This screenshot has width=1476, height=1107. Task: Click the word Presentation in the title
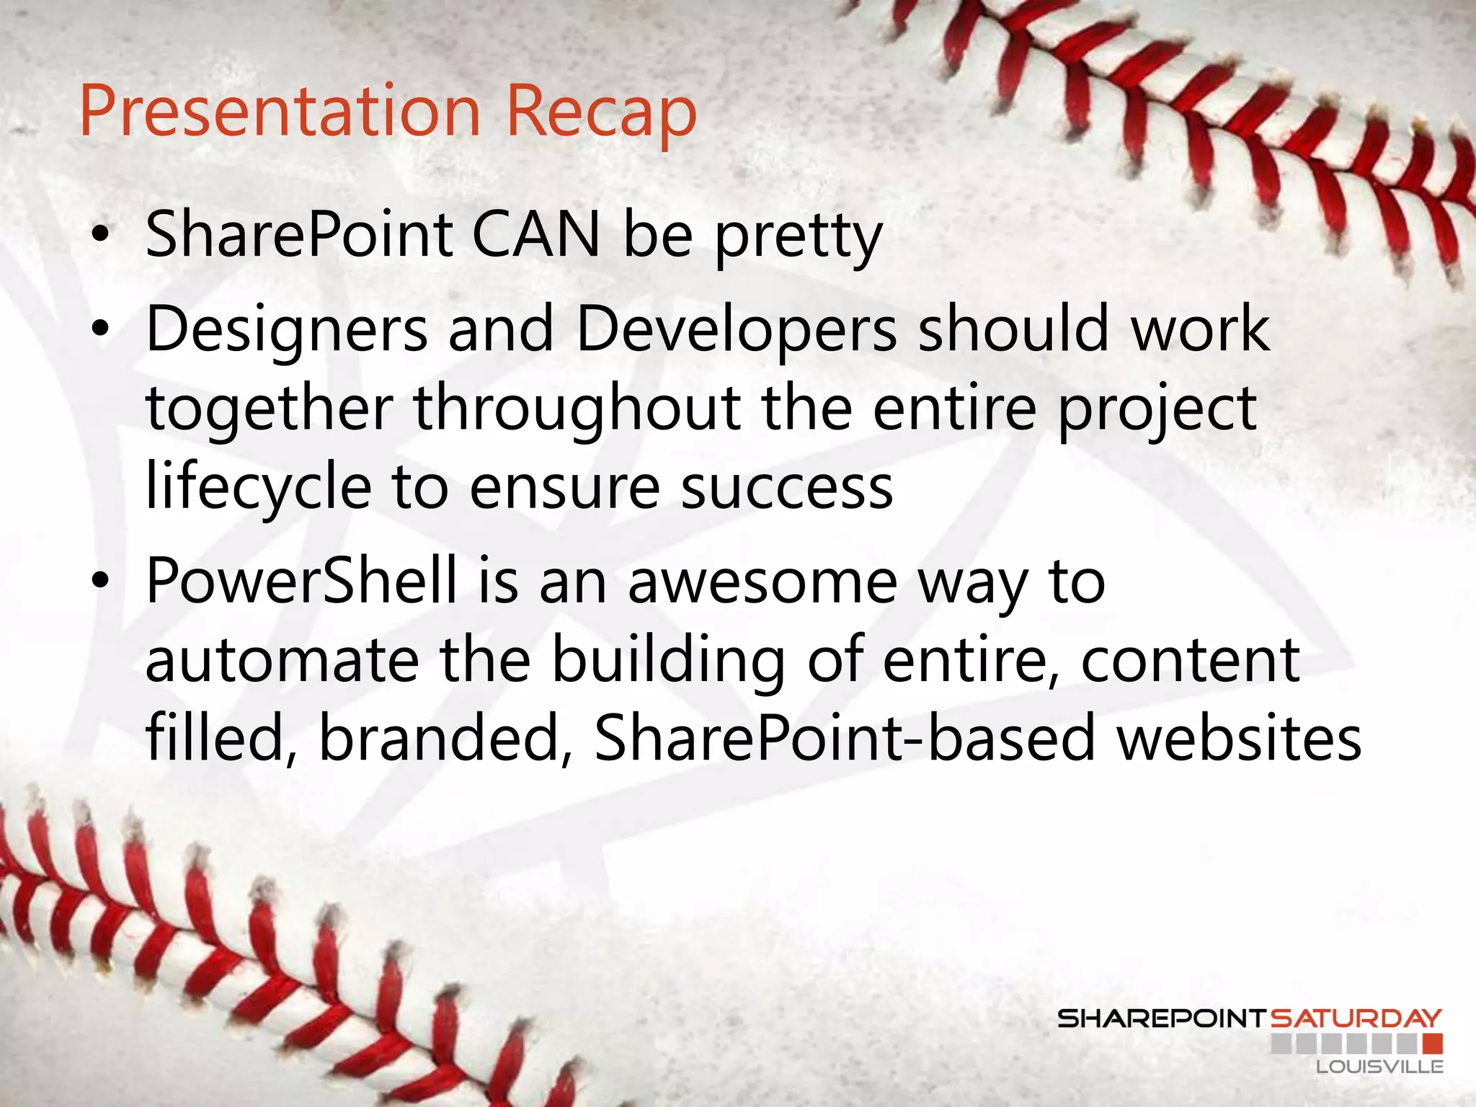point(280,112)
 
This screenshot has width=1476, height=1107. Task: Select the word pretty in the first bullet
point(799,238)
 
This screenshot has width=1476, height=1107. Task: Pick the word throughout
point(577,409)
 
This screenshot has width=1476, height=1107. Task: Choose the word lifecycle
point(258,489)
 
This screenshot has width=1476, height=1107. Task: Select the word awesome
point(763,582)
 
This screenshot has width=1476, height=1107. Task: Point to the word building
point(668,662)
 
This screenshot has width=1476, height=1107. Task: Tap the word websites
point(1239,738)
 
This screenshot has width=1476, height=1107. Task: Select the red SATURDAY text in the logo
point(1356,1018)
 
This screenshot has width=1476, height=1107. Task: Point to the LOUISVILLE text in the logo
point(1379,1067)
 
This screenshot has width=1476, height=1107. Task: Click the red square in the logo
point(1433,1044)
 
